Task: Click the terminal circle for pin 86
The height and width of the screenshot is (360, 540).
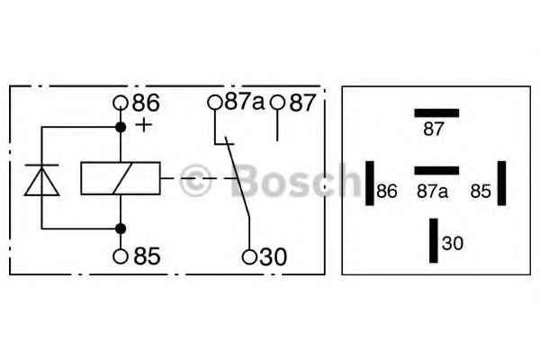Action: click(121, 103)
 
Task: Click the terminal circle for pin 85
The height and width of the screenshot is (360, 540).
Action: click(121, 256)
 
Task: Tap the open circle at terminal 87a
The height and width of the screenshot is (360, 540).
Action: click(214, 103)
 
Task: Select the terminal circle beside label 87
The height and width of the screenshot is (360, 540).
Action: click(277, 103)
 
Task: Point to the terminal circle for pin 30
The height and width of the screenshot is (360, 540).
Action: click(249, 256)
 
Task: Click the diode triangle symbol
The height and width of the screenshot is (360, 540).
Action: click(41, 182)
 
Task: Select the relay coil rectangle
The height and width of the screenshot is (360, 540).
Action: click(121, 178)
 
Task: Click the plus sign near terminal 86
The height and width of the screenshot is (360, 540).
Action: click(144, 125)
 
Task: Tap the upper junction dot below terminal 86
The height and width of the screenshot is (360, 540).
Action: click(121, 128)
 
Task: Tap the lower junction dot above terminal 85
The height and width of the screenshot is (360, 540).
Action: click(121, 229)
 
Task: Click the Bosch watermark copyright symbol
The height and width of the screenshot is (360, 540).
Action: click(195, 181)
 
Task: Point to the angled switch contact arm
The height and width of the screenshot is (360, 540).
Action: click(238, 176)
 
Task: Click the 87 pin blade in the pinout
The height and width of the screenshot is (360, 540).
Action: click(436, 113)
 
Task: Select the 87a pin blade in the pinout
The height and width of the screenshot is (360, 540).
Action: click(436, 170)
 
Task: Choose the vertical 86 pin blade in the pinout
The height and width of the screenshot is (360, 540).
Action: click(370, 183)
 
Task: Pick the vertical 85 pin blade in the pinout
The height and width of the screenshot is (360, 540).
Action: click(502, 183)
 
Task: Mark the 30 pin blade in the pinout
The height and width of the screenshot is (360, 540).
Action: click(434, 240)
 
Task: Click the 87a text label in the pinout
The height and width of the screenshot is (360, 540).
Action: click(433, 192)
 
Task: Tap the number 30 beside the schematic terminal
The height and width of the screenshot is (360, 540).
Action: click(273, 256)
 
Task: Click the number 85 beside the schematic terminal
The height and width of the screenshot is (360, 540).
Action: click(147, 256)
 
